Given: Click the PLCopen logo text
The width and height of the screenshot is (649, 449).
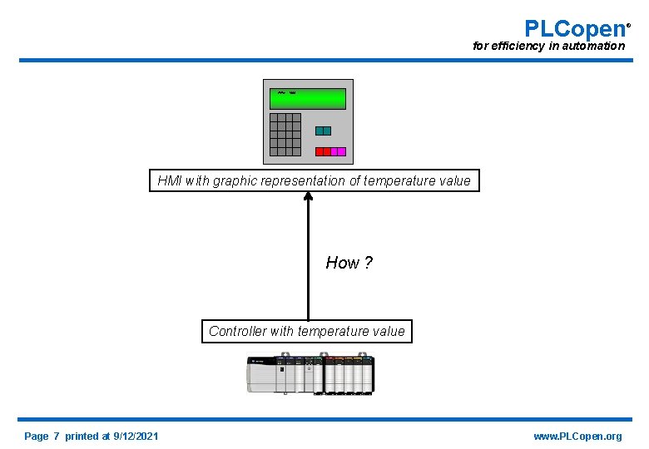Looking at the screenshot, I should (575, 28).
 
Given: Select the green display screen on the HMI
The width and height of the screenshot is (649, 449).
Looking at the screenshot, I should (307, 99).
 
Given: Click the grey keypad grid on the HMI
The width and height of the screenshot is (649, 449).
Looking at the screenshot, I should (285, 134).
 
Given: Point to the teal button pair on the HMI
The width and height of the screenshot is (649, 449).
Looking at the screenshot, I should (323, 131).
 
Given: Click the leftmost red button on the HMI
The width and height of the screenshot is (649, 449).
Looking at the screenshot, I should (320, 151).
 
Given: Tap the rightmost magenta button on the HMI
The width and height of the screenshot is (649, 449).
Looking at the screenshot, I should (340, 151).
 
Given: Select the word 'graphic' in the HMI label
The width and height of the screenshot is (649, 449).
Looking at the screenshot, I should (235, 180).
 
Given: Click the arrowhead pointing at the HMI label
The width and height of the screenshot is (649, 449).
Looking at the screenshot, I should (308, 197).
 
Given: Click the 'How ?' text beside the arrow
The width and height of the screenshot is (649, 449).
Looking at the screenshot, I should (349, 263).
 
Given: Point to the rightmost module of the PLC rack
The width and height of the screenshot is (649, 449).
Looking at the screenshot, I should (369, 376).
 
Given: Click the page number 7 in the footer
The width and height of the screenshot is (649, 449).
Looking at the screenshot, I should (56, 437).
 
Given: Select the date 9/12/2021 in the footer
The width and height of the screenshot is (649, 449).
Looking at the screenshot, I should (136, 437).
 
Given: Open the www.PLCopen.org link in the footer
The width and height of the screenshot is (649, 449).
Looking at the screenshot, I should (577, 437).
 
